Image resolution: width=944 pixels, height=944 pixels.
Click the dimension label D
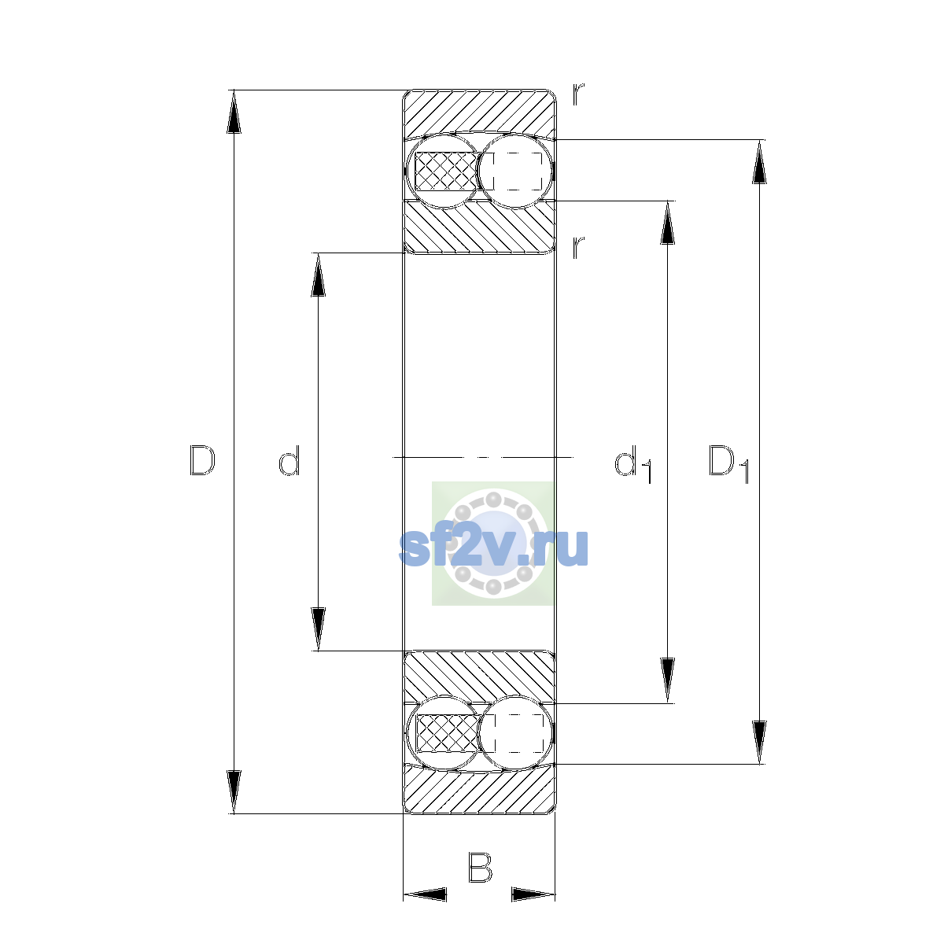click(x=202, y=460)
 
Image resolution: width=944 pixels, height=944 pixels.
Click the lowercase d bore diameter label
click(x=289, y=460)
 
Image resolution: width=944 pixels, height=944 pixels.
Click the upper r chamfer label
click(x=578, y=94)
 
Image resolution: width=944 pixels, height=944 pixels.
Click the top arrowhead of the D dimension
click(x=234, y=112)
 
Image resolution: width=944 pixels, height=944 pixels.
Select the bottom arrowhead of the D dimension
click(x=234, y=792)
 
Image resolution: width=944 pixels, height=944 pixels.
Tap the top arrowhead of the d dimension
click(x=318, y=275)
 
